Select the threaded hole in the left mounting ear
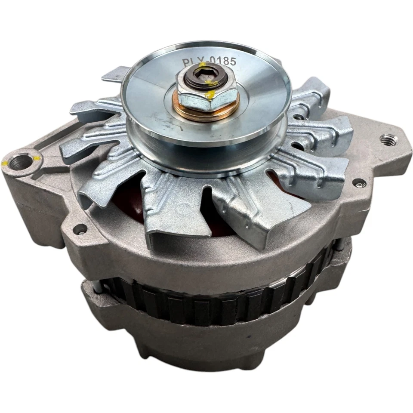(x=20, y=163)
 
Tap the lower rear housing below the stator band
(x=215, y=344)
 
